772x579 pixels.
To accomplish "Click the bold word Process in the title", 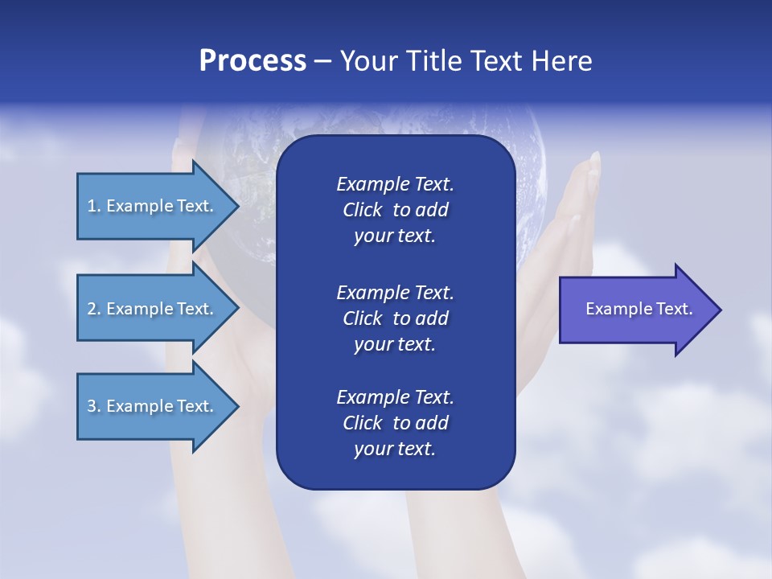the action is click(253, 61).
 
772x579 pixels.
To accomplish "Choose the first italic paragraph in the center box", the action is click(395, 210).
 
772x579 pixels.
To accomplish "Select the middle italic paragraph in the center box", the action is click(395, 318).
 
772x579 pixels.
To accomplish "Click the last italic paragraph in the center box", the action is click(395, 423).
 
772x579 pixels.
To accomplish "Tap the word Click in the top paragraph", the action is click(362, 211).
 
